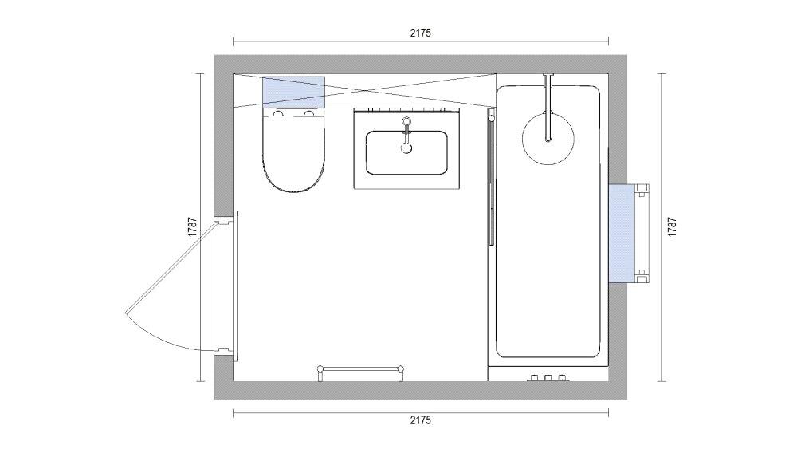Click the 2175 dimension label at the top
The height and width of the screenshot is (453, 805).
[420, 33]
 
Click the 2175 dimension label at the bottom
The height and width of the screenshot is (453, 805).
[420, 420]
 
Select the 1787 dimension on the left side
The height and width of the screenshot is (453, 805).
[192, 227]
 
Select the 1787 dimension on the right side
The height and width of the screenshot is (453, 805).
[672, 227]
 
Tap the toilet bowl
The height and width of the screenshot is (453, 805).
[293, 160]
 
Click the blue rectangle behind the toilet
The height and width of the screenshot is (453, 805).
[293, 91]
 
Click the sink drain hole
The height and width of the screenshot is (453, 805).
[406, 148]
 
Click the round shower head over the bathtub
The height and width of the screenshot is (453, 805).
[548, 137]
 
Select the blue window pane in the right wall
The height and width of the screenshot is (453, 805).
[622, 233]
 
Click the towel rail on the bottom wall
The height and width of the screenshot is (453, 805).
[361, 368]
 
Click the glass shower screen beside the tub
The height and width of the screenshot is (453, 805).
[490, 179]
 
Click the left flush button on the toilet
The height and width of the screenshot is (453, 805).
[278, 116]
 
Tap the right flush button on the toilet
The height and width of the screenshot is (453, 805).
[308, 116]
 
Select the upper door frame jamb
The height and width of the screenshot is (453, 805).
[226, 219]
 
